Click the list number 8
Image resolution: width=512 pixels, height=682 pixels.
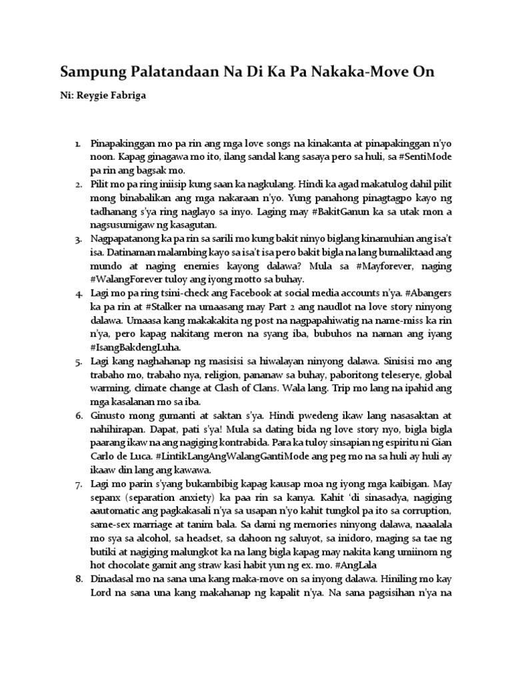pyautogui.click(x=79, y=576)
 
